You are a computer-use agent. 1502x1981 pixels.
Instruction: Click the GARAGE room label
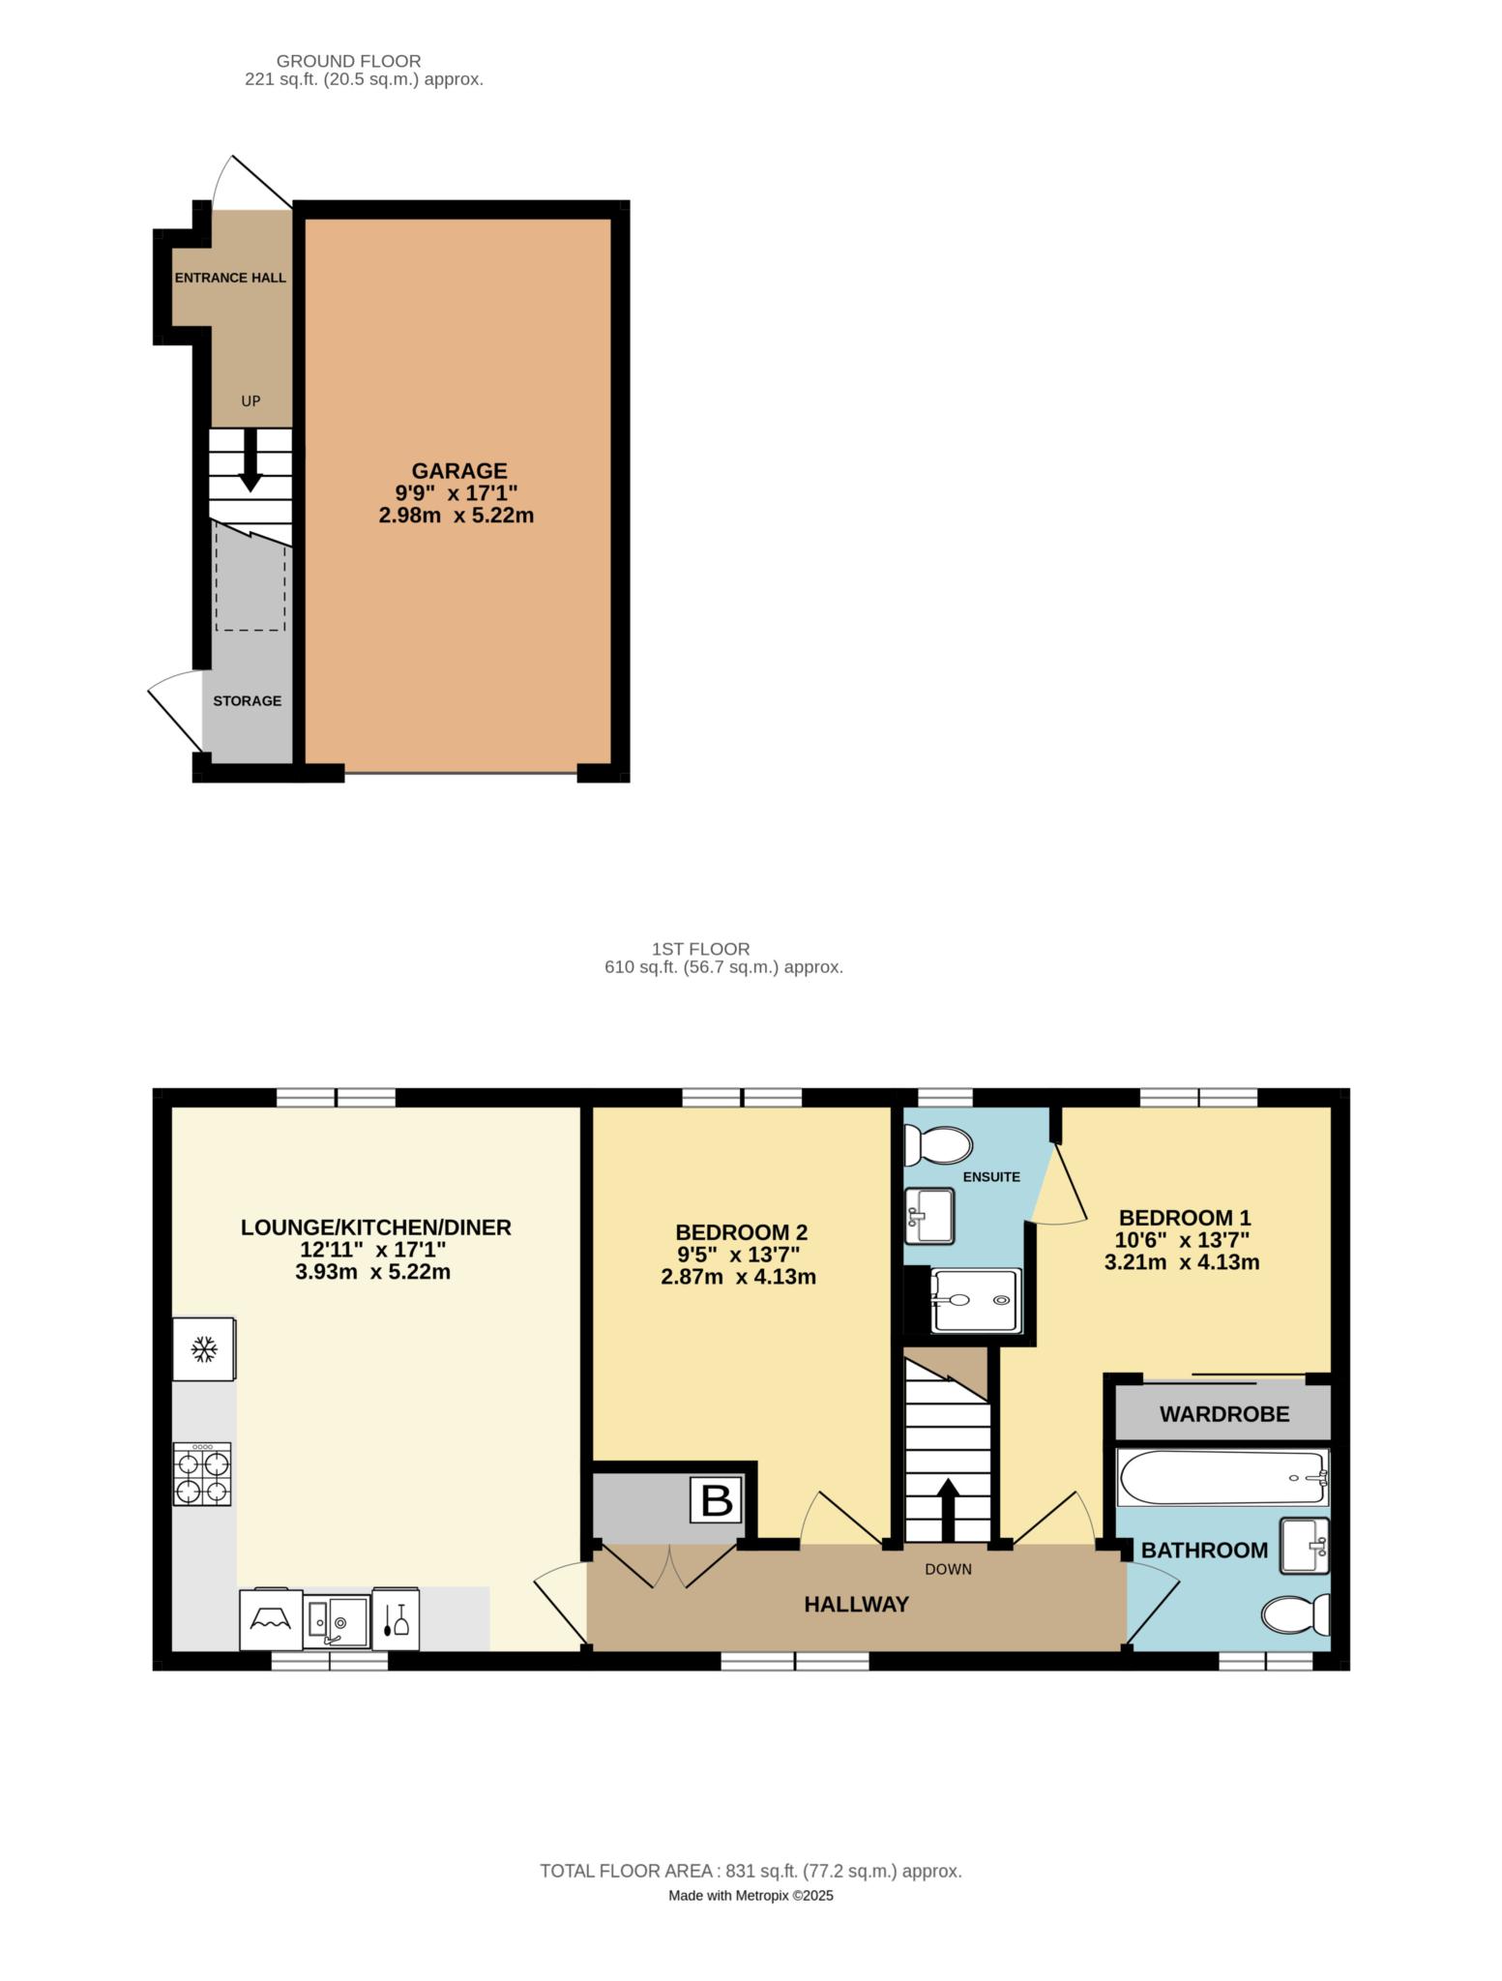tap(459, 471)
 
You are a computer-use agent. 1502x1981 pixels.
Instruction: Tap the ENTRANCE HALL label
tap(230, 278)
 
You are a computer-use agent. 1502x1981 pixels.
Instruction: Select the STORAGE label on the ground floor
tap(248, 700)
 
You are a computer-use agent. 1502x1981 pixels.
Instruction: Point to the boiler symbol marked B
tap(717, 1500)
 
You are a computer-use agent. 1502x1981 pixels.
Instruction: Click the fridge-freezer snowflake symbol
tap(203, 1348)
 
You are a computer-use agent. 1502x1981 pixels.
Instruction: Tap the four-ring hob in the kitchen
tap(203, 1474)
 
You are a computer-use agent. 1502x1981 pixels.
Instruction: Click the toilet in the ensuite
tap(935, 1146)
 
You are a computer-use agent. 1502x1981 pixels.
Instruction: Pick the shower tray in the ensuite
tap(975, 1301)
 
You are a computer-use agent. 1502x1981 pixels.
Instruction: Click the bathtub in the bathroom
tap(1222, 1477)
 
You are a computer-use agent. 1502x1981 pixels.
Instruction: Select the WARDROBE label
tap(1224, 1414)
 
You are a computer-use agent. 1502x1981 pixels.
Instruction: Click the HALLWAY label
tap(857, 1604)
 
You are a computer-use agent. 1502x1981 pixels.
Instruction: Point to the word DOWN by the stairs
tap(948, 1569)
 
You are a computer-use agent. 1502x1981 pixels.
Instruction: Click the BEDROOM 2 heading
tap(741, 1232)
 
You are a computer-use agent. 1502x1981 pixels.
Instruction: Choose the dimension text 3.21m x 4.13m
tap(1182, 1261)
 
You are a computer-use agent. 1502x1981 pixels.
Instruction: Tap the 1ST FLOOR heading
tap(701, 949)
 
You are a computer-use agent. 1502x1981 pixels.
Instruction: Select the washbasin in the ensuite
tap(929, 1215)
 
